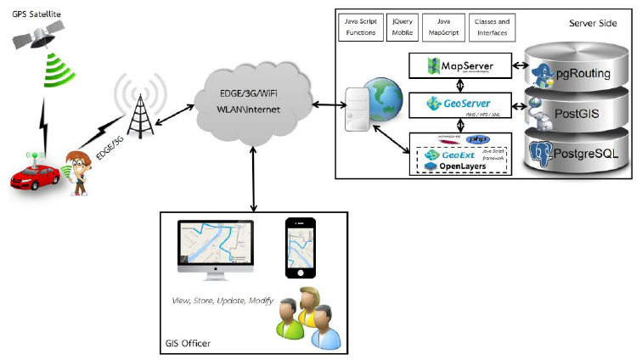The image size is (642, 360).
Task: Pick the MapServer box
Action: (x=464, y=65)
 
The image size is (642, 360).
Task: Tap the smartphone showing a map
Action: (x=299, y=246)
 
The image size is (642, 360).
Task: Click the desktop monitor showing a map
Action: (x=219, y=246)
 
